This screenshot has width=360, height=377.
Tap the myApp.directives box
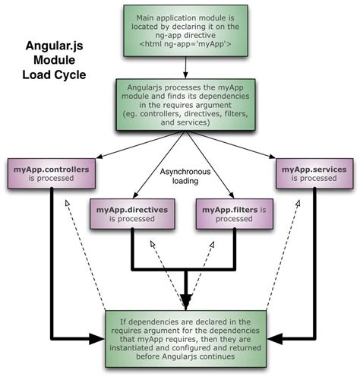[x=128, y=212]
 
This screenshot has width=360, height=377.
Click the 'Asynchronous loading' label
[x=181, y=176]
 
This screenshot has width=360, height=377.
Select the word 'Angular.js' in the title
[x=52, y=47]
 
